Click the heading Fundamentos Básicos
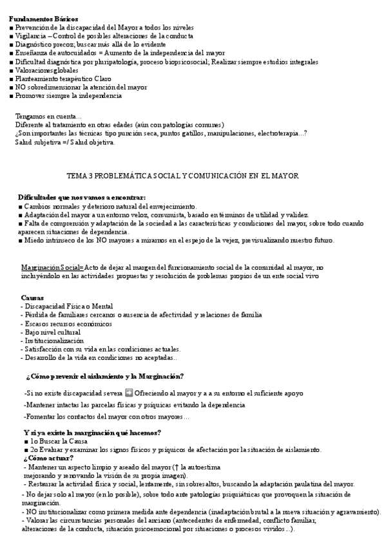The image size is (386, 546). coord(43,19)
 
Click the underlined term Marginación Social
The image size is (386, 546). coord(52,267)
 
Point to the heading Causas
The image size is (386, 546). coord(32,297)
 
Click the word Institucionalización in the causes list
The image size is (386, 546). coord(53,340)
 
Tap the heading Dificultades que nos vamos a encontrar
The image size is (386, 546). coord(82,196)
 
